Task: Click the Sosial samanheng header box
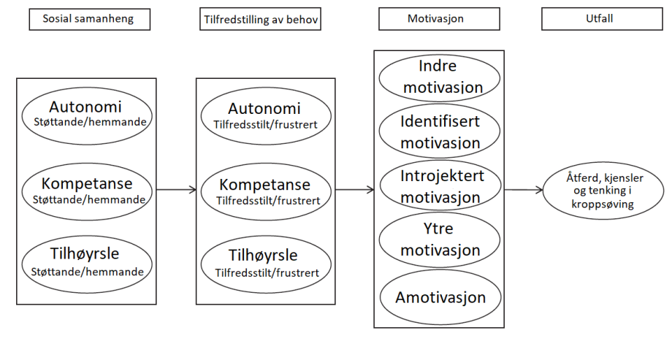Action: [90, 19]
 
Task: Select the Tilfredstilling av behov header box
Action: [260, 19]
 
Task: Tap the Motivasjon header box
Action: [439, 19]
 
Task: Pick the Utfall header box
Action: [602, 19]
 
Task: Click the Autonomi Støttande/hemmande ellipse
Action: [87, 115]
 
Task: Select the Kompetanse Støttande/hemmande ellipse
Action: [87, 191]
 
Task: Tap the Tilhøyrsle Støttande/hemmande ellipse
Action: [87, 264]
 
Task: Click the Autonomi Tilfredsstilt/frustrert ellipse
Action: [266, 115]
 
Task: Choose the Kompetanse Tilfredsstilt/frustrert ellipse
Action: [266, 191]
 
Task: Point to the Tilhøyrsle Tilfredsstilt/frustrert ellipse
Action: [266, 264]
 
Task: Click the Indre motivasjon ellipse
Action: [439, 77]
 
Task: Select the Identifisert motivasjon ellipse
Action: [439, 131]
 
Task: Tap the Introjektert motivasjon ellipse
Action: [440, 186]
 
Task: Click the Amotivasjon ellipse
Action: [440, 297]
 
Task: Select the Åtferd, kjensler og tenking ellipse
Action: [603, 191]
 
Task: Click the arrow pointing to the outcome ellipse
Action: [524, 189]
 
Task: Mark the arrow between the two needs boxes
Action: [176, 189]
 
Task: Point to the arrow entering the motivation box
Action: [354, 189]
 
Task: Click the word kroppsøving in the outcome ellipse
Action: [603, 204]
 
